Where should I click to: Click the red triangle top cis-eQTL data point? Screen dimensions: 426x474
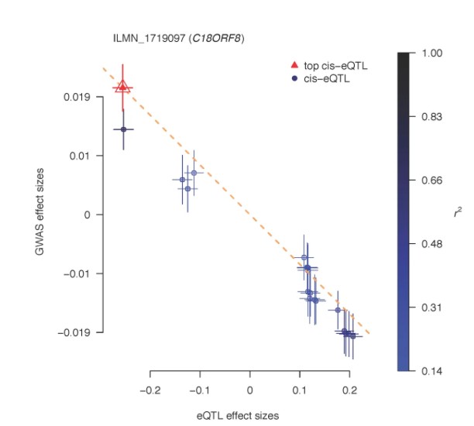click(x=122, y=86)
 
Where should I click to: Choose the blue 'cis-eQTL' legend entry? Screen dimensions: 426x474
click(x=325, y=78)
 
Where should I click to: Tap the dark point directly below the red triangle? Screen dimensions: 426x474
click(x=123, y=129)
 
